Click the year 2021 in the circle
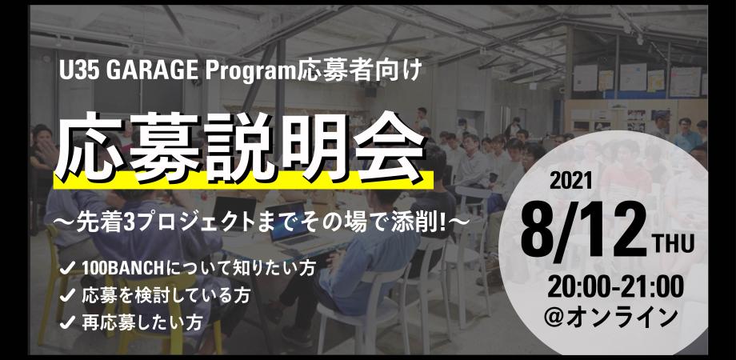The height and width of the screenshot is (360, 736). (570, 182)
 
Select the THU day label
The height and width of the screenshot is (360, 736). (674, 246)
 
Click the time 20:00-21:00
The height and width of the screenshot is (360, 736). (615, 287)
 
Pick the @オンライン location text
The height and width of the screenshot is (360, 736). (610, 318)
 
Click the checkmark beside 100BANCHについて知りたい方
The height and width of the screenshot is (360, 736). (68, 270)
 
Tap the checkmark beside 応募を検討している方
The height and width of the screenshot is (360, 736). (68, 296)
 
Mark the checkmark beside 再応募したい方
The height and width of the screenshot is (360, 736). (68, 322)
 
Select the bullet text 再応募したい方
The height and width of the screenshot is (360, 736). (142, 322)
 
